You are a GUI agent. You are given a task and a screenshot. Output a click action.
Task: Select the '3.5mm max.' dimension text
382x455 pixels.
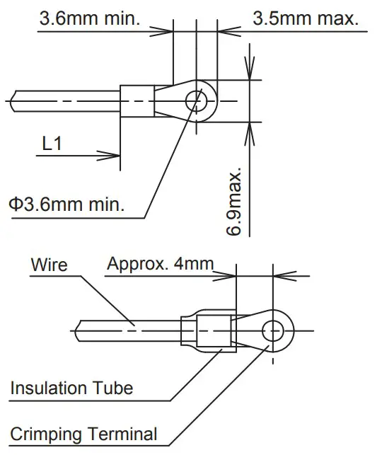[x=305, y=18]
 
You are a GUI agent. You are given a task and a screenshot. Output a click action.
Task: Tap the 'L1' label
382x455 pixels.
[x=52, y=144]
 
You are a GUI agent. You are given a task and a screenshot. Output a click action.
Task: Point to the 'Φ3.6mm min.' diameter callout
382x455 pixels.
[x=67, y=205]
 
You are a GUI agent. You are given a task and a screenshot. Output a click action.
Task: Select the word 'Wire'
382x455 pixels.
[x=50, y=265]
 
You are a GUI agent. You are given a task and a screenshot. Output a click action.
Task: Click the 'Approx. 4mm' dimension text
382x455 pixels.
[x=160, y=265]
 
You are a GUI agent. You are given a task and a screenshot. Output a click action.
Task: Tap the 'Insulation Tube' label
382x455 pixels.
[x=71, y=388]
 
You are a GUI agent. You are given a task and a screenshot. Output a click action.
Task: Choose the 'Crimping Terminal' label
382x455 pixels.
[x=83, y=433]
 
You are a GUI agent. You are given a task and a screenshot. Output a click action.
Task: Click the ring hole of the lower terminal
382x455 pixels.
[x=274, y=330]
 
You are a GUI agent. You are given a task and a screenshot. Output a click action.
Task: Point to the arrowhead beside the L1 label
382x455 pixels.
[x=115, y=154]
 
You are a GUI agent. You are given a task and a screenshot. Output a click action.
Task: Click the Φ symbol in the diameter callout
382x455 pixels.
[x=15, y=205]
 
